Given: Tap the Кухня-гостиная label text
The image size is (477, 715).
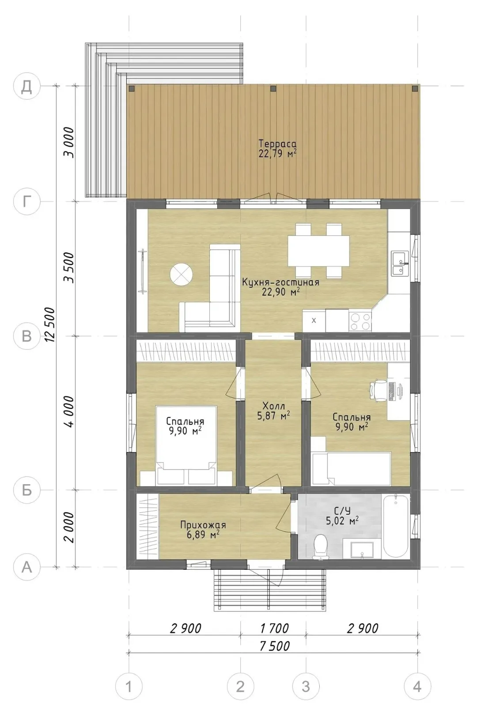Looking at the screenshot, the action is point(280,282).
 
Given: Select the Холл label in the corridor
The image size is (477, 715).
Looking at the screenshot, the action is point(273,406).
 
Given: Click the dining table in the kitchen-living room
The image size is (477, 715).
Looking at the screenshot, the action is point(318,251).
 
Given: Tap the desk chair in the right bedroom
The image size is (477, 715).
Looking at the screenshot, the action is point(378,389).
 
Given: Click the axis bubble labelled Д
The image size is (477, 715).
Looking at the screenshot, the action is point(27,86).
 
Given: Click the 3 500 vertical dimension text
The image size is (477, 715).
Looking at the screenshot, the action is point(69,267).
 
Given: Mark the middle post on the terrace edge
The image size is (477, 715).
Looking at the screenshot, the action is point(273,88).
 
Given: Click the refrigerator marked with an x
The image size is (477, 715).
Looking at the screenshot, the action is point(314,320).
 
